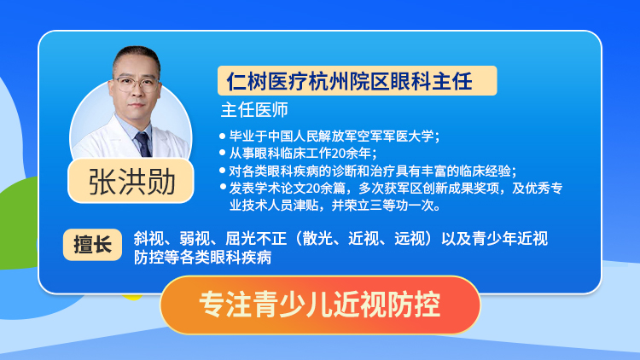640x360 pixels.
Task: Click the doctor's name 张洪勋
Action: click(x=131, y=182)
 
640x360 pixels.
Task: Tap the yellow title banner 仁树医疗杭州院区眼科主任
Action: click(x=358, y=81)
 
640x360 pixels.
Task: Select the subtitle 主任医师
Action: click(x=254, y=110)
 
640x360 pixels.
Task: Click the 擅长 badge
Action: click(x=93, y=245)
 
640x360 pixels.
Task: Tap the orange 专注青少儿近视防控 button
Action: click(x=320, y=305)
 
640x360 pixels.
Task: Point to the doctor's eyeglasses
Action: click(x=136, y=84)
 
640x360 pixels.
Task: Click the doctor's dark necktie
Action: click(x=143, y=144)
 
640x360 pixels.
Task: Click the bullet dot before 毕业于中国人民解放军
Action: click(x=223, y=136)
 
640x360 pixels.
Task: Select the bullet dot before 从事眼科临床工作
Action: click(x=223, y=153)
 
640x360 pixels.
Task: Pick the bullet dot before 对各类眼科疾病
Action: click(x=223, y=171)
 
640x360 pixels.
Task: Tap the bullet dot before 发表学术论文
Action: click(x=223, y=188)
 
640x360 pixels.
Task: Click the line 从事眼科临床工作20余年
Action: click(x=302, y=154)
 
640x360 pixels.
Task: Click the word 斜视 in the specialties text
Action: click(x=148, y=239)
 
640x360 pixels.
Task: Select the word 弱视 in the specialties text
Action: click(x=195, y=239)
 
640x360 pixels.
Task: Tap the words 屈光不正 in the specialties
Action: click(x=256, y=239)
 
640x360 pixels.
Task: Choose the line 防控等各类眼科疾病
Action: click(x=202, y=258)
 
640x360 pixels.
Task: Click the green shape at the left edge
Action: click(x=19, y=224)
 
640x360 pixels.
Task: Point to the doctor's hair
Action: click(x=137, y=57)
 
